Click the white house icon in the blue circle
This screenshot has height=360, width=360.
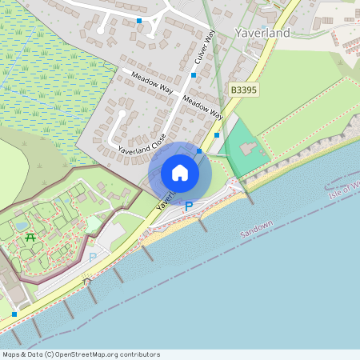180,173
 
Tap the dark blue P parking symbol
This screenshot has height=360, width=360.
189,206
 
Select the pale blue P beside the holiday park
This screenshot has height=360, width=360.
92,257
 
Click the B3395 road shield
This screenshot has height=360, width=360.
244,92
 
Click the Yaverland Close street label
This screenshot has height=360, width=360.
142,138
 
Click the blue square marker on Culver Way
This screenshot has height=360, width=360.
194,75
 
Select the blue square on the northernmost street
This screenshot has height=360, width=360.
139,21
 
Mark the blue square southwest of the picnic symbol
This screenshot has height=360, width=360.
14,314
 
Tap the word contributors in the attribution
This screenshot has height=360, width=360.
137,354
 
